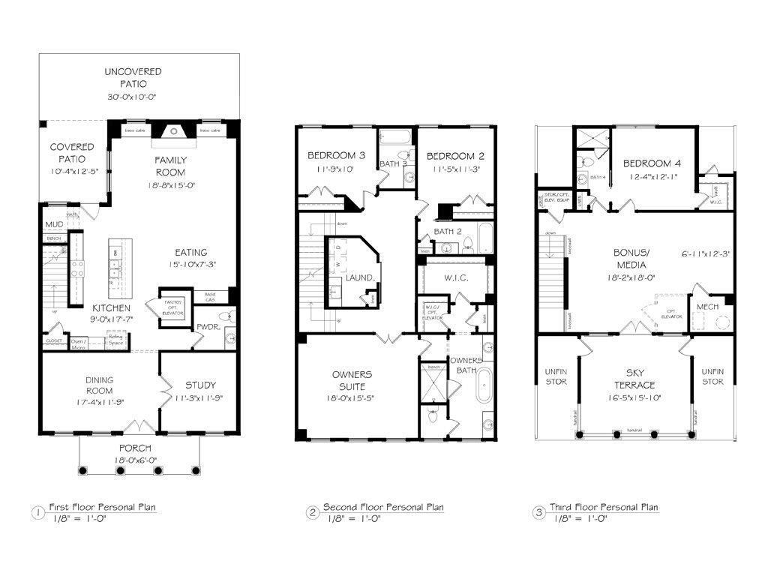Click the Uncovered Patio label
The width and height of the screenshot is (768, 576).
click(x=133, y=77)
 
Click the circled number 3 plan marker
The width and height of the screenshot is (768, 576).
click(x=538, y=513)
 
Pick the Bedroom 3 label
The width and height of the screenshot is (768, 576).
click(x=336, y=156)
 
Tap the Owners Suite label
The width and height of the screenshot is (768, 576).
click(x=352, y=380)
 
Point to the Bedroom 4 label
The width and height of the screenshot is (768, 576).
click(x=652, y=163)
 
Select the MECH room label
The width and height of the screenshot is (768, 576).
click(x=707, y=307)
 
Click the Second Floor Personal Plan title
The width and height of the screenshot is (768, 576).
click(x=382, y=508)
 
